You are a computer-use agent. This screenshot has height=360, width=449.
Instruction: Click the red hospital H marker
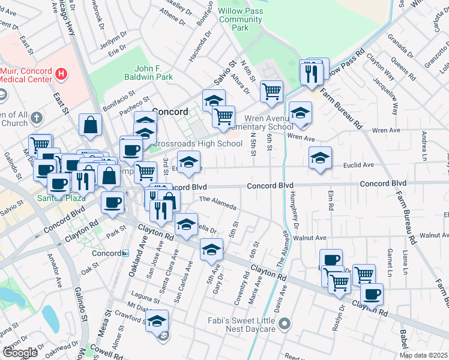(60, 74)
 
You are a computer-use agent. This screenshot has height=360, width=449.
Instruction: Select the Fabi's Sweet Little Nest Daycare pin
(285, 325)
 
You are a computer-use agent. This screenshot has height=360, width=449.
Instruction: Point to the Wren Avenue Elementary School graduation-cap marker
(300, 112)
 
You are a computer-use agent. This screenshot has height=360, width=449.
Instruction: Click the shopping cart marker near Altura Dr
(271, 91)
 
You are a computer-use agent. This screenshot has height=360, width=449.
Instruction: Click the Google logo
(20, 353)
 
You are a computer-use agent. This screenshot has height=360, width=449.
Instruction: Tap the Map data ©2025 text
(424, 355)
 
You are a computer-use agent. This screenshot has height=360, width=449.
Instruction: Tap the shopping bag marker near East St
(90, 125)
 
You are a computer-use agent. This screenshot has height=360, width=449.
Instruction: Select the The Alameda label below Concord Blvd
(217, 204)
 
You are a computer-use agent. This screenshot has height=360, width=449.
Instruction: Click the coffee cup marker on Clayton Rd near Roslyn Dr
(372, 294)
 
